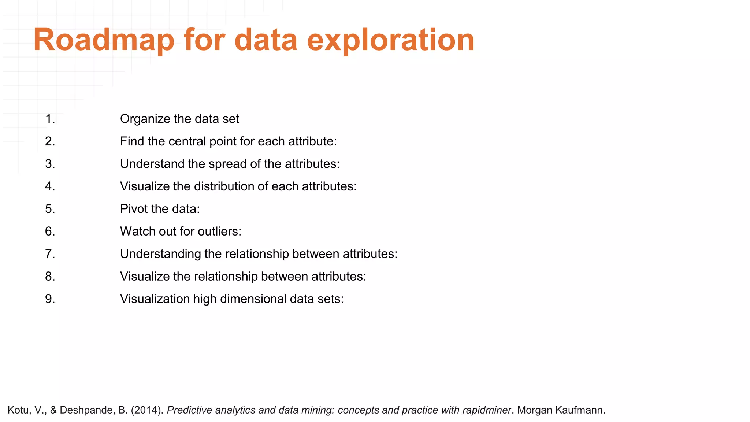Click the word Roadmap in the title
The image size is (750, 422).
(x=104, y=40)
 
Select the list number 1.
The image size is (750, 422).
(x=50, y=119)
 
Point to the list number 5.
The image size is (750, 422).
(x=50, y=209)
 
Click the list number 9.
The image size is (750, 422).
(x=50, y=299)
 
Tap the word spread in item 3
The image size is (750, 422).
(x=227, y=164)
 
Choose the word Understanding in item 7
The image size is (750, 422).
(x=160, y=254)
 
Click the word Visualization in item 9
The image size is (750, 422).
(x=155, y=299)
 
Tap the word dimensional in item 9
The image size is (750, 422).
(x=251, y=299)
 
